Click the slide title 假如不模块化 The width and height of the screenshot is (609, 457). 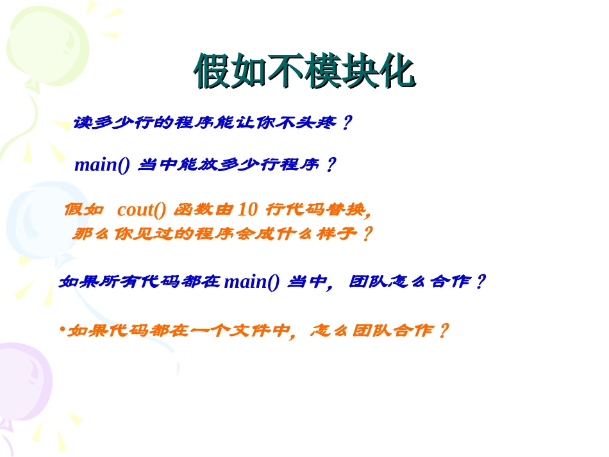304,71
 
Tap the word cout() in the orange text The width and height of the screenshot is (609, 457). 142,210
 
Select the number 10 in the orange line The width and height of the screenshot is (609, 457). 247,210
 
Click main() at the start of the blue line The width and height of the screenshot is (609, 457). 102,165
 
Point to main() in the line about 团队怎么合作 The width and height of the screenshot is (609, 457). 252,282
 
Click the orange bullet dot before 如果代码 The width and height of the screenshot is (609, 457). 62,330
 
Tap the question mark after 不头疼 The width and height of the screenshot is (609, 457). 346,122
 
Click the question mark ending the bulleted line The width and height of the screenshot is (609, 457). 442,331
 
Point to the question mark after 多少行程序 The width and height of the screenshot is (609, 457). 330,165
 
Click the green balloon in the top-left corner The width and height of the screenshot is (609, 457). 45,45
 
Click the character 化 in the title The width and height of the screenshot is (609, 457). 397,71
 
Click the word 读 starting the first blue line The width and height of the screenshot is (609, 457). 82,122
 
